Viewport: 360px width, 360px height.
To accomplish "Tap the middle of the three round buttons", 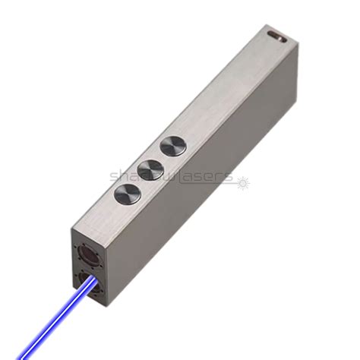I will coord(150,169).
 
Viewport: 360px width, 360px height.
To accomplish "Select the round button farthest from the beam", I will coord(173,146).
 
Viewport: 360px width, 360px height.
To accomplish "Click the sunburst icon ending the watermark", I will coord(243,181).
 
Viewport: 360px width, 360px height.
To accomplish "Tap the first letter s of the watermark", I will coord(114,177).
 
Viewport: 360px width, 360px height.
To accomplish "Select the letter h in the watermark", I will coord(124,175).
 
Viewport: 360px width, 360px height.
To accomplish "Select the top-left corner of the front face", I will coord(74,225).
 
